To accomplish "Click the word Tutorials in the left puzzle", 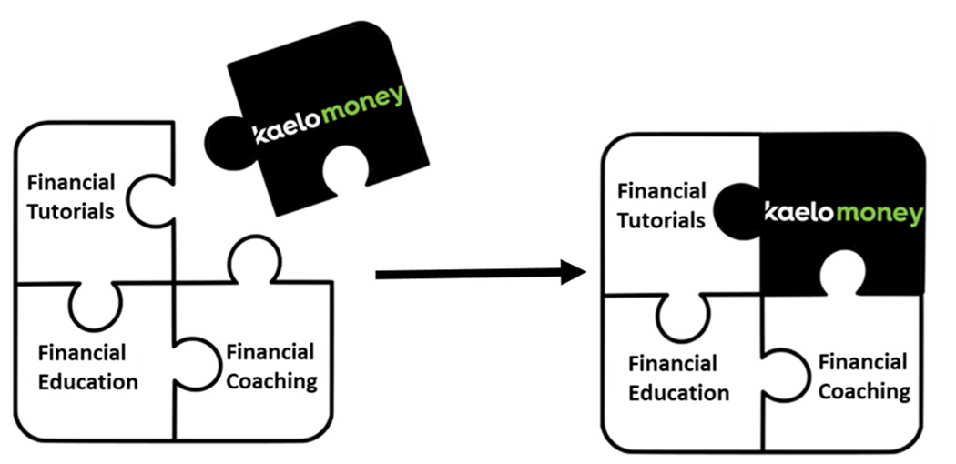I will (70, 211).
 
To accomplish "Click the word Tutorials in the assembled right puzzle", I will (661, 220).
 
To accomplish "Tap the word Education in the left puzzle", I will (88, 381).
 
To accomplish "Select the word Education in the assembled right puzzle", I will (679, 393).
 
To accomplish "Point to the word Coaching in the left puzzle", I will (271, 380).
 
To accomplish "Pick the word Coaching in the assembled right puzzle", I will (864, 391).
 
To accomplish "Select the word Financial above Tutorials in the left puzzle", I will (71, 182).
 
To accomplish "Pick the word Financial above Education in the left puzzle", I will (83, 352).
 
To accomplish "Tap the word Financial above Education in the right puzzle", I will (673, 364).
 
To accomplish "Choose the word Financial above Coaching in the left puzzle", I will (270, 351).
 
